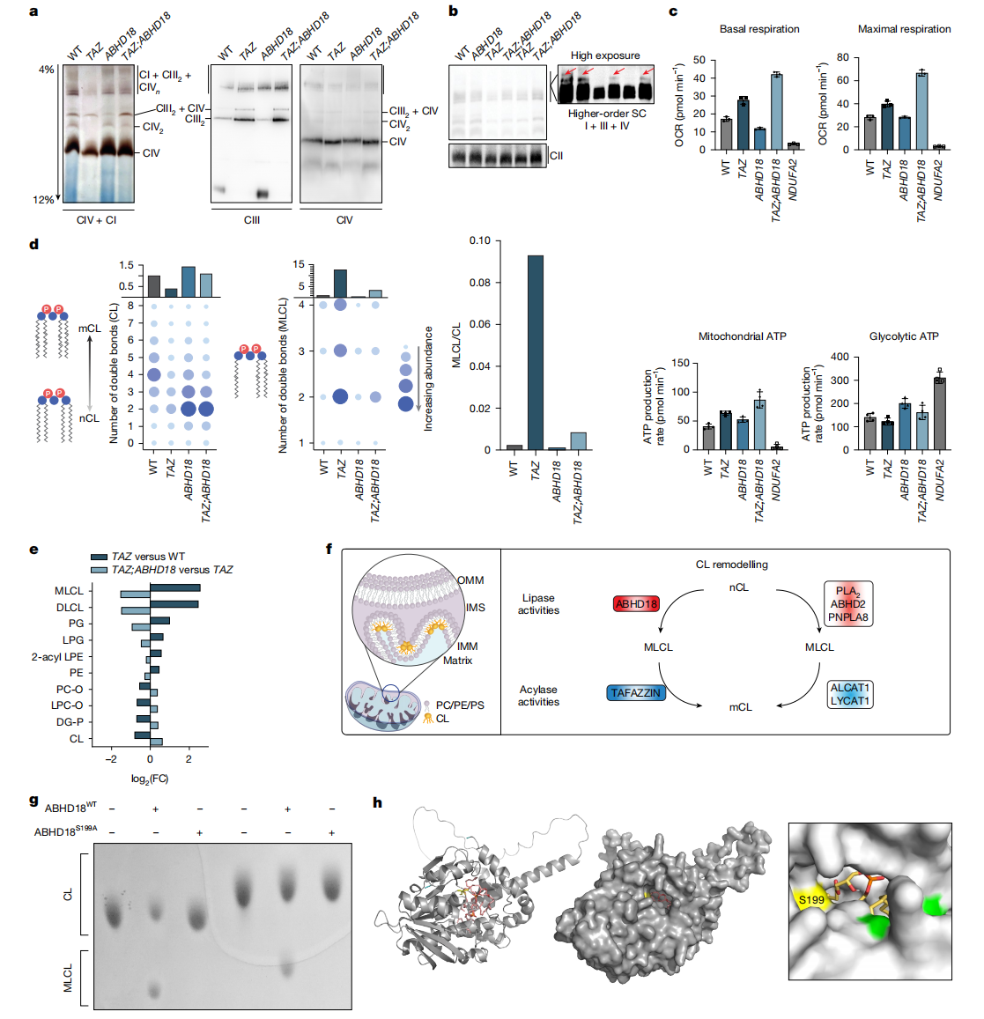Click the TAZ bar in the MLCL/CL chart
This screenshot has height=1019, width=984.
click(535, 352)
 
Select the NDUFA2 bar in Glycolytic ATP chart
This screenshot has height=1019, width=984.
click(939, 414)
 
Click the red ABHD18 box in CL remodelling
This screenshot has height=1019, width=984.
click(636, 603)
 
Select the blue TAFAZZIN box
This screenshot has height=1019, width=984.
click(635, 693)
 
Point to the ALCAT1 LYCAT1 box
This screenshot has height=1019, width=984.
click(849, 694)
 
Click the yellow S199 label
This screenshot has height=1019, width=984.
click(810, 899)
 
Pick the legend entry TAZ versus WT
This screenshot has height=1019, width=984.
click(147, 557)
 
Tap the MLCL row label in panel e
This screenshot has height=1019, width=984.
click(69, 591)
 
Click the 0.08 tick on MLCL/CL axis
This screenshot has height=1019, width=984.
click(479, 283)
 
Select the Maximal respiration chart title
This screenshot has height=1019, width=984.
click(904, 29)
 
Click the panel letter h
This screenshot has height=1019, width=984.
click(377, 802)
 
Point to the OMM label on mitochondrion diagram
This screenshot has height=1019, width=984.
click(470, 580)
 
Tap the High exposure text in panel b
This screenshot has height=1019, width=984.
click(605, 55)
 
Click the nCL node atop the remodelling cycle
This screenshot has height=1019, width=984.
click(738, 587)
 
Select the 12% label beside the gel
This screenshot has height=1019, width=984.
click(43, 200)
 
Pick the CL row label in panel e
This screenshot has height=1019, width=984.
click(77, 739)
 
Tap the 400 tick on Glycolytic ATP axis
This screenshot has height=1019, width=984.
click(839, 358)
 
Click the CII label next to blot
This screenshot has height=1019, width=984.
click(556, 156)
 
